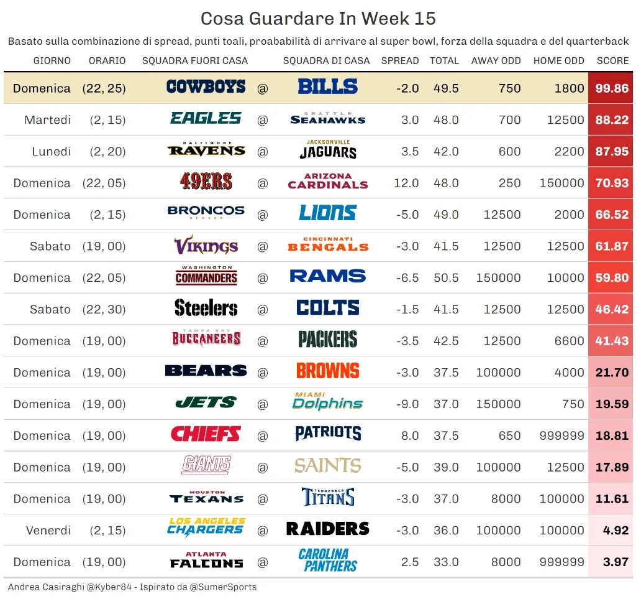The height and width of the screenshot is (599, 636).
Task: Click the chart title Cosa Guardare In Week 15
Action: click(318, 19)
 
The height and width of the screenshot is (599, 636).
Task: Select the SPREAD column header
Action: click(399, 61)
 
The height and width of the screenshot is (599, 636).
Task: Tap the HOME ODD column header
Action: click(558, 61)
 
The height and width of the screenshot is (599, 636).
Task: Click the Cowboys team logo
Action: click(206, 88)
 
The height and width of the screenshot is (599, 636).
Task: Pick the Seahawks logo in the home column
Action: click(327, 119)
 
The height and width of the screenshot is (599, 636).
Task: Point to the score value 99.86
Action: click(611, 88)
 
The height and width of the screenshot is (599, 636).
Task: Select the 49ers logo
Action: click(206, 183)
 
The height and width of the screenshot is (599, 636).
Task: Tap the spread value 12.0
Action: click(406, 183)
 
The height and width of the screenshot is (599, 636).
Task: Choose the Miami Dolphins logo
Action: click(327, 404)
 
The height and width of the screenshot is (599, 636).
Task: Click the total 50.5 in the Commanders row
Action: click(446, 278)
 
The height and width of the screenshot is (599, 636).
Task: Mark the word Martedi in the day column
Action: click(47, 120)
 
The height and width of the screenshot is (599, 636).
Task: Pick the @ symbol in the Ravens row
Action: click(263, 152)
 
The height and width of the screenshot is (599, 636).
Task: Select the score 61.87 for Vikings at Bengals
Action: click(611, 246)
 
